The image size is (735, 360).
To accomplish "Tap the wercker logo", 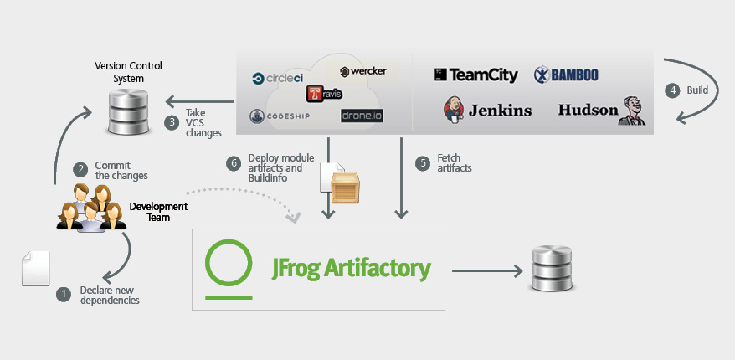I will point(362,71).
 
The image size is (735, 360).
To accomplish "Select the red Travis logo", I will point(324,94).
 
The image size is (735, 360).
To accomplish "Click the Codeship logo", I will point(280,116).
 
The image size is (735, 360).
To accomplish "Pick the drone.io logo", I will point(362,116).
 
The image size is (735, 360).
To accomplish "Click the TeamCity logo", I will point(476,75).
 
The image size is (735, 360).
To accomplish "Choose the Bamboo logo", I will point(566,75).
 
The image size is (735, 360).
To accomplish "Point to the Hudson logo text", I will point(588,110).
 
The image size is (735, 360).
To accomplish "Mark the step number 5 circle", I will point(423,162).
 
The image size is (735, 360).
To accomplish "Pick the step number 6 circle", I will point(234,162).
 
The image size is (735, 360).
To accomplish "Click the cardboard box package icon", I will point(345,186).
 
